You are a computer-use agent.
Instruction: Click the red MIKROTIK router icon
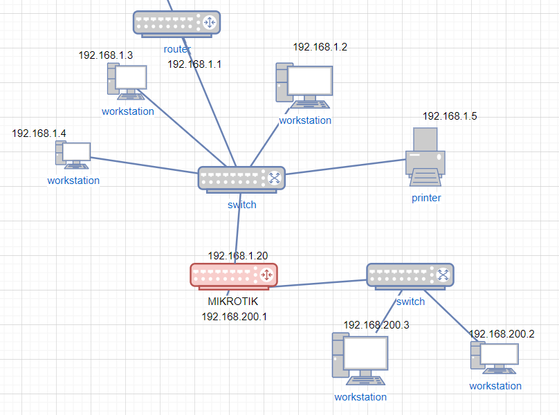(233, 275)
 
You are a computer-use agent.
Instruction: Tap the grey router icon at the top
(176, 23)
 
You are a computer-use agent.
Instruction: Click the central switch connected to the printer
(241, 178)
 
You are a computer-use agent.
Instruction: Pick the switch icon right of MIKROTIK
(410, 275)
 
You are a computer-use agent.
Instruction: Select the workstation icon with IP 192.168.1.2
(304, 86)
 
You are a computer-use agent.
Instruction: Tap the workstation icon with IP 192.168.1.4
(73, 155)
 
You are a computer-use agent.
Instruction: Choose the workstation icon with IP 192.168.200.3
(358, 358)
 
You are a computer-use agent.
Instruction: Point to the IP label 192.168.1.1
(194, 64)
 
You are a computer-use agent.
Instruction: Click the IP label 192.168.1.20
(237, 256)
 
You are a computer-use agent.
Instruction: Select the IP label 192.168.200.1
(234, 317)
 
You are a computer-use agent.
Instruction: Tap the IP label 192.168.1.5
(450, 116)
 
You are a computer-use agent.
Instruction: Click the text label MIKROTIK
(232, 302)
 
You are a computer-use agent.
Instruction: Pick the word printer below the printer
(427, 198)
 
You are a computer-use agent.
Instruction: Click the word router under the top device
(177, 49)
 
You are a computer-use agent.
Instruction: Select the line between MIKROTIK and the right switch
(322, 283)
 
